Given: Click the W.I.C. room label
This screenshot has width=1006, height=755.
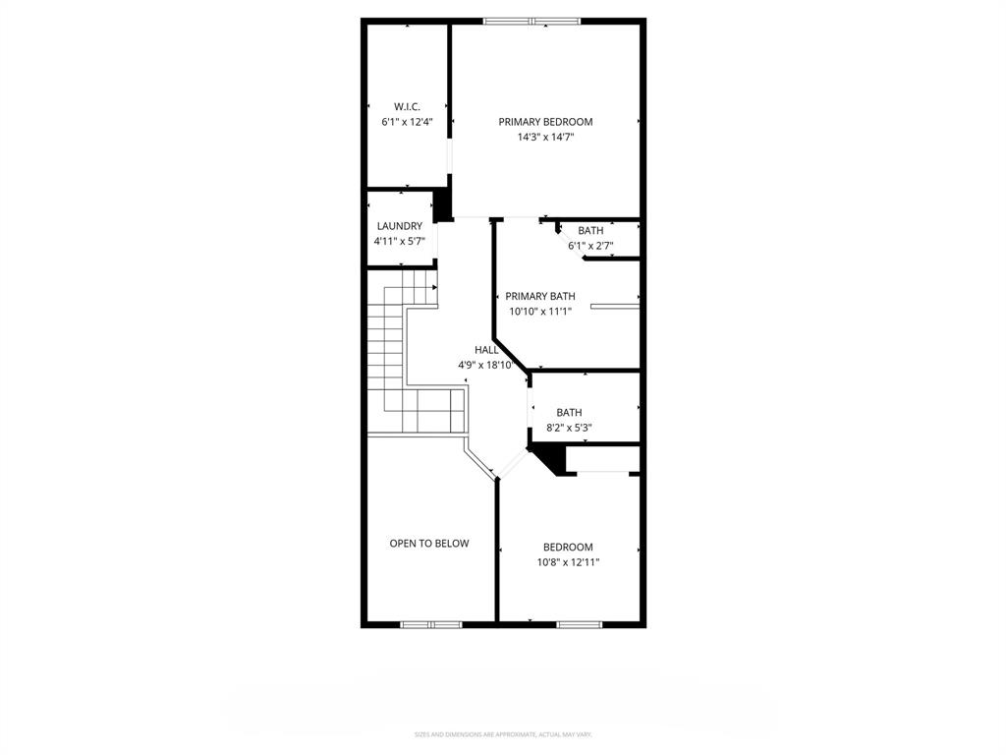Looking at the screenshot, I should (x=407, y=106).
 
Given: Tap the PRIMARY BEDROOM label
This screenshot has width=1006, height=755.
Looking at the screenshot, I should (x=545, y=122).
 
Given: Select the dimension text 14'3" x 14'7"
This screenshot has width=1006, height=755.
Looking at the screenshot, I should (x=545, y=138).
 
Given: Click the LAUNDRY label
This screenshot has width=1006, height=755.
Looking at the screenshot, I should (x=399, y=226).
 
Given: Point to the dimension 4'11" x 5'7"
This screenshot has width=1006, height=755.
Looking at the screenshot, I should (x=399, y=241).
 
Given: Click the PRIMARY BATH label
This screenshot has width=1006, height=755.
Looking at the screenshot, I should (x=540, y=296).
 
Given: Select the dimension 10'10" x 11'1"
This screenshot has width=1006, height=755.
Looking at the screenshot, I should (x=540, y=312).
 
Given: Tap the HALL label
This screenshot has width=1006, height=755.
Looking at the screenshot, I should (x=486, y=349).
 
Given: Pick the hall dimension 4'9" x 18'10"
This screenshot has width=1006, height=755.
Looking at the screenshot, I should (x=486, y=365).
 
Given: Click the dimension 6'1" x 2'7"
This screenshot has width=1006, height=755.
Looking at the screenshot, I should (x=590, y=246).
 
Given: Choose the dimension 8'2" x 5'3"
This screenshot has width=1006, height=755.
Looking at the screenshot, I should (x=569, y=428).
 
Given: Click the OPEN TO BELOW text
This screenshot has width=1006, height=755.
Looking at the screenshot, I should (x=429, y=543).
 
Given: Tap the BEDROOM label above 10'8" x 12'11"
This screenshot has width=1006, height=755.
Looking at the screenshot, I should (x=568, y=548).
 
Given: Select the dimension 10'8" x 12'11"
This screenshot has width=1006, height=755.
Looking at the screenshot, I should (x=568, y=562).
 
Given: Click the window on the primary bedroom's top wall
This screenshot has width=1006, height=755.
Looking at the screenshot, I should (x=531, y=21).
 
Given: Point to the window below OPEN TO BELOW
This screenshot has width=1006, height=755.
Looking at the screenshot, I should (x=431, y=623).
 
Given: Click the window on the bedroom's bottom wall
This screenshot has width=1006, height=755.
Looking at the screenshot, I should (x=580, y=623).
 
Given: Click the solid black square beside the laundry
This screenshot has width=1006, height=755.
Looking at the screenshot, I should (x=443, y=204).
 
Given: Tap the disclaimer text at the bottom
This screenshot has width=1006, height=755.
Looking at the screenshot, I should (x=502, y=734).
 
